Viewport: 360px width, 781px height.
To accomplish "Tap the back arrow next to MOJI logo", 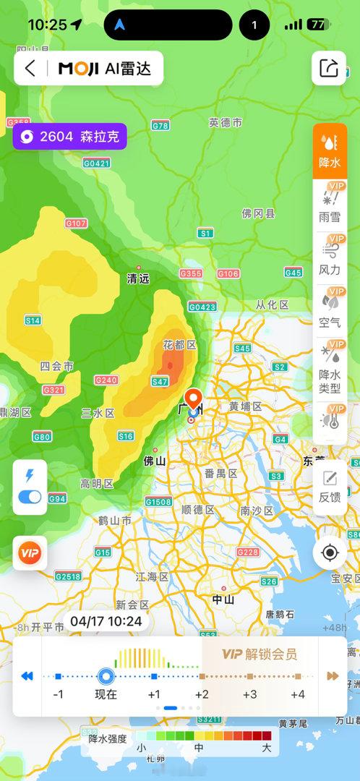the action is [x=30, y=69].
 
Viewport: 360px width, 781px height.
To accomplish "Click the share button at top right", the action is [x=329, y=69].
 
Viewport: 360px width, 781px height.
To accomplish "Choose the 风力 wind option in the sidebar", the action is [x=329, y=258].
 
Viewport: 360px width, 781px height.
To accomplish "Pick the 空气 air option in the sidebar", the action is [x=329, y=311].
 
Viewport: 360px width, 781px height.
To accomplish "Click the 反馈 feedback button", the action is [x=329, y=487].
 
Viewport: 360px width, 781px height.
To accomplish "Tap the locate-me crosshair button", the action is [x=330, y=553].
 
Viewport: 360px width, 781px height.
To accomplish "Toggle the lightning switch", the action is [x=30, y=496].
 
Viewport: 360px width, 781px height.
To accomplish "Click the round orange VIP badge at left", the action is [x=30, y=553].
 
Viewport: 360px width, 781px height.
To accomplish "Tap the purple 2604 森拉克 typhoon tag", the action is [x=70, y=136].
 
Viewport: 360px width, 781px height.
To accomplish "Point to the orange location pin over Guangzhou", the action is [x=193, y=400].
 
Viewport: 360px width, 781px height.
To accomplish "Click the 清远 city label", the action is [x=137, y=278].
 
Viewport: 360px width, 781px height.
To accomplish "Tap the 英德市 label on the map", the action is [x=225, y=123].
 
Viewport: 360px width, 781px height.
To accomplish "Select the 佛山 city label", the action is [x=155, y=460].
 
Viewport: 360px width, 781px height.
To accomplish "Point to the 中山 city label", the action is [x=223, y=599].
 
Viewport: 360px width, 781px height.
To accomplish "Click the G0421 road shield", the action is [x=96, y=163].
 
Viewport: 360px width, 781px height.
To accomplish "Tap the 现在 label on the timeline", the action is [x=106, y=694].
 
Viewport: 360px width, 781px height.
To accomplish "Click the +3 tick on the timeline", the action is [x=249, y=694].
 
